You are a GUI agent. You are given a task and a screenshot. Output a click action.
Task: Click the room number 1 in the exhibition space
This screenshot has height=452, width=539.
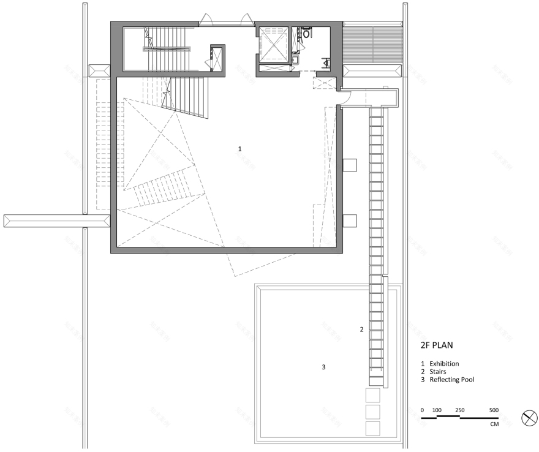239,149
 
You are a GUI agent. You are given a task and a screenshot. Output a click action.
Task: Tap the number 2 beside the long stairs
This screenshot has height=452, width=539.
361,330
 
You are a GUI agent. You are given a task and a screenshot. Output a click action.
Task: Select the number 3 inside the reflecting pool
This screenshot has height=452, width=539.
323,367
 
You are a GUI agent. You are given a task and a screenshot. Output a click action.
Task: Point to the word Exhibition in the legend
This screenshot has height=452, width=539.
444,363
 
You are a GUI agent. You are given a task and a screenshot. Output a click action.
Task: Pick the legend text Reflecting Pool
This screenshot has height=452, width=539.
452,380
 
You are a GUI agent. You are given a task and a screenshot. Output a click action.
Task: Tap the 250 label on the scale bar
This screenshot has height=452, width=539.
459,410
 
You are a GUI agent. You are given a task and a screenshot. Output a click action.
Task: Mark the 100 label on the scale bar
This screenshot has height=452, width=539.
437,410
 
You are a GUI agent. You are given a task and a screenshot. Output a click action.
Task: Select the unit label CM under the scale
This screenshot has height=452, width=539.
494,424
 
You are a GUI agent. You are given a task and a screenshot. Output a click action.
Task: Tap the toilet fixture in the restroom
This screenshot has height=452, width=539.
304,34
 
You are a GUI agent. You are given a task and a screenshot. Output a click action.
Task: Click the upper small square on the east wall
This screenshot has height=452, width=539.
350,165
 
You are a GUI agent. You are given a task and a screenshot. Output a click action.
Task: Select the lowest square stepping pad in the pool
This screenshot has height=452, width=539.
372,428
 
